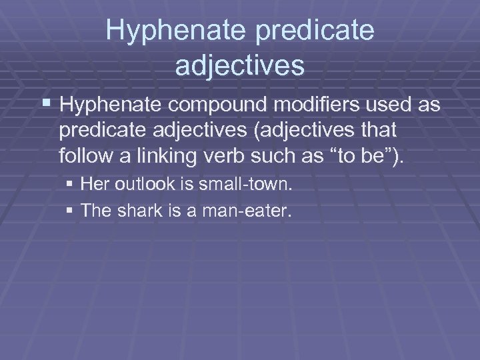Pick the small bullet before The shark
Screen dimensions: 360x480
pos(71,211)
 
